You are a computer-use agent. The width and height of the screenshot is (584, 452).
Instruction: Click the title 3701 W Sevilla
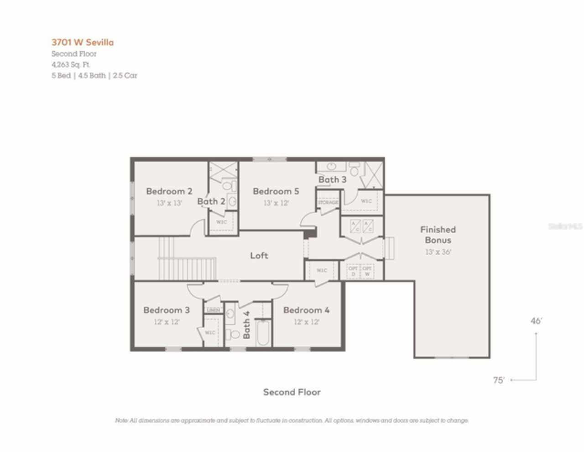click(83, 42)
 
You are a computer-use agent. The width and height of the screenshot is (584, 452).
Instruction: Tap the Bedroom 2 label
click(169, 191)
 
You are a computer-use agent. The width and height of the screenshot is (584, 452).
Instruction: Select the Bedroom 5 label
click(276, 191)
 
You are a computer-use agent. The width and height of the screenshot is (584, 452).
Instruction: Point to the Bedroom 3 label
click(167, 310)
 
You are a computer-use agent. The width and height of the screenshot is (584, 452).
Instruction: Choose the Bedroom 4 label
click(306, 310)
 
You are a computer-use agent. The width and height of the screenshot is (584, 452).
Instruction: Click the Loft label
click(259, 256)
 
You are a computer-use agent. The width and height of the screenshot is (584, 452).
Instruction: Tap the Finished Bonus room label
click(438, 235)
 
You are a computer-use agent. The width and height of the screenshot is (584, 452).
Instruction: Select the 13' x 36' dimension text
click(438, 252)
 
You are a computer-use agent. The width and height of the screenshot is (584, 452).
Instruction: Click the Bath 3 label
click(332, 179)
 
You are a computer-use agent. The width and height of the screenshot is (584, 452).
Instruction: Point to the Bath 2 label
click(211, 201)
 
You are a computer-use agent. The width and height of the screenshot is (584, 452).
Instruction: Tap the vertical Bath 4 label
click(246, 325)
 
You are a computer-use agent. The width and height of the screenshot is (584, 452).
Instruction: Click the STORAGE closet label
click(328, 202)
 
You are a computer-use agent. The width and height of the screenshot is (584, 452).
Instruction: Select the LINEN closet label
click(213, 310)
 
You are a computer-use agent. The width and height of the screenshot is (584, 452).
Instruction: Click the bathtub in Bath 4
click(263, 333)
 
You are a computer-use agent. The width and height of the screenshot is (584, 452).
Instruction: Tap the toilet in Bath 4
click(233, 334)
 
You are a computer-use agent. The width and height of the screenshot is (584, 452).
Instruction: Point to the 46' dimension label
click(536, 321)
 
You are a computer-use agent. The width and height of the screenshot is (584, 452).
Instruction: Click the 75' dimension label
click(499, 380)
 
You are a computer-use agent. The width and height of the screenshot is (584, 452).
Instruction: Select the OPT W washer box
click(367, 271)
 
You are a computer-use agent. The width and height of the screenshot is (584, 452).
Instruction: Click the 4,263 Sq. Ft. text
click(70, 64)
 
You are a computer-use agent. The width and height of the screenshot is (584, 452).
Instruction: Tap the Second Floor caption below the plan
click(292, 392)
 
